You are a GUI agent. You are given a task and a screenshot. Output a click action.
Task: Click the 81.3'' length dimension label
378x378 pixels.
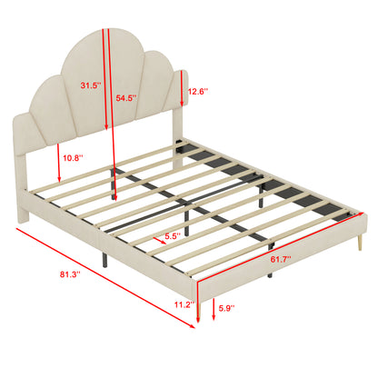pos(70,274)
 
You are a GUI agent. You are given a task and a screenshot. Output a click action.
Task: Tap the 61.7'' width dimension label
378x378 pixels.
pos(281,259)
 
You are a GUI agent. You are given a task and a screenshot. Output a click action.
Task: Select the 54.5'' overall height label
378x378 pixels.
pos(126,98)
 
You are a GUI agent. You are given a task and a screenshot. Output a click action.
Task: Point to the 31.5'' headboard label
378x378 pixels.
pos(91,85)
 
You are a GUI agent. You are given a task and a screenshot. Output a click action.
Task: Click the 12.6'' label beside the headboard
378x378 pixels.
pos(198,91)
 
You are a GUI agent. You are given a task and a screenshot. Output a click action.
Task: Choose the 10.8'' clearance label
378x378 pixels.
pos(73,157)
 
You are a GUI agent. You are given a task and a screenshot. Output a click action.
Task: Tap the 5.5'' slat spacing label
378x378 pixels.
pos(173,236)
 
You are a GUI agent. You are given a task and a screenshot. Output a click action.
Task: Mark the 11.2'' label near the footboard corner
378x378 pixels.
pos(184,304)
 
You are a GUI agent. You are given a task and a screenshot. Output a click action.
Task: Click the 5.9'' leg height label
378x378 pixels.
pos(227,308)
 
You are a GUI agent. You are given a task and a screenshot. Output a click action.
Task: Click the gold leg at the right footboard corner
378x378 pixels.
pos(360,243)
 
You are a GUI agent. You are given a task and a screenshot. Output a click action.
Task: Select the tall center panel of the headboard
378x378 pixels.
pos(100,85)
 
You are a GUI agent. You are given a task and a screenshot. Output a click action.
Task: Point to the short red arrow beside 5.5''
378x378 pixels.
pos(159,241)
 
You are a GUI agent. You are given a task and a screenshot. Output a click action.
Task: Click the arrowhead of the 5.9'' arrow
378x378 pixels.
pos(214,317)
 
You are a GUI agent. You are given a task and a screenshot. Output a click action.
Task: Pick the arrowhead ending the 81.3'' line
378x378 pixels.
pos(192,326)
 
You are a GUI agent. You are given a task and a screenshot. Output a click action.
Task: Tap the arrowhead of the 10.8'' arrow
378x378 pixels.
pos(59,179)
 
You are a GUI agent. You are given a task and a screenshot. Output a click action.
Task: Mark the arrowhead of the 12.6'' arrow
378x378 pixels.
pos(182,104)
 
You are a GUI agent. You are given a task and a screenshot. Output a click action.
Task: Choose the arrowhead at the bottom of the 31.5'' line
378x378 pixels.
pos(106,128)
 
